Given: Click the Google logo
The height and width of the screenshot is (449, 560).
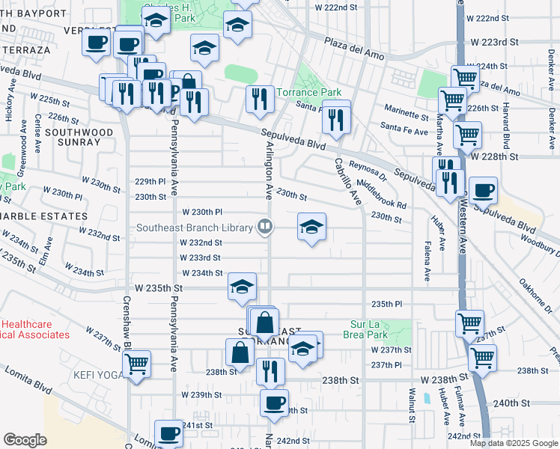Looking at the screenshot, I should (25, 440).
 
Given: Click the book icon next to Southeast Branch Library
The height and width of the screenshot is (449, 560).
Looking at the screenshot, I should (264, 225).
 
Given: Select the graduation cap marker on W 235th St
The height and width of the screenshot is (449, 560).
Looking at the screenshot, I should (243, 287).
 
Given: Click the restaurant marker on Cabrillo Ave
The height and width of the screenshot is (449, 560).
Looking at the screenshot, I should (336, 117).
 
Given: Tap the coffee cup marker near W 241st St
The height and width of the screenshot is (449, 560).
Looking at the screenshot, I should (168, 433).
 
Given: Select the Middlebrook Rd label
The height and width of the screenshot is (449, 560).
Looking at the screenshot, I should (381, 193).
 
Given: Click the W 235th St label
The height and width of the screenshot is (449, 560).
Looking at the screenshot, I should (159, 287).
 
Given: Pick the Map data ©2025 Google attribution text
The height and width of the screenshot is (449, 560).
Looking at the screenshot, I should (513, 443).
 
